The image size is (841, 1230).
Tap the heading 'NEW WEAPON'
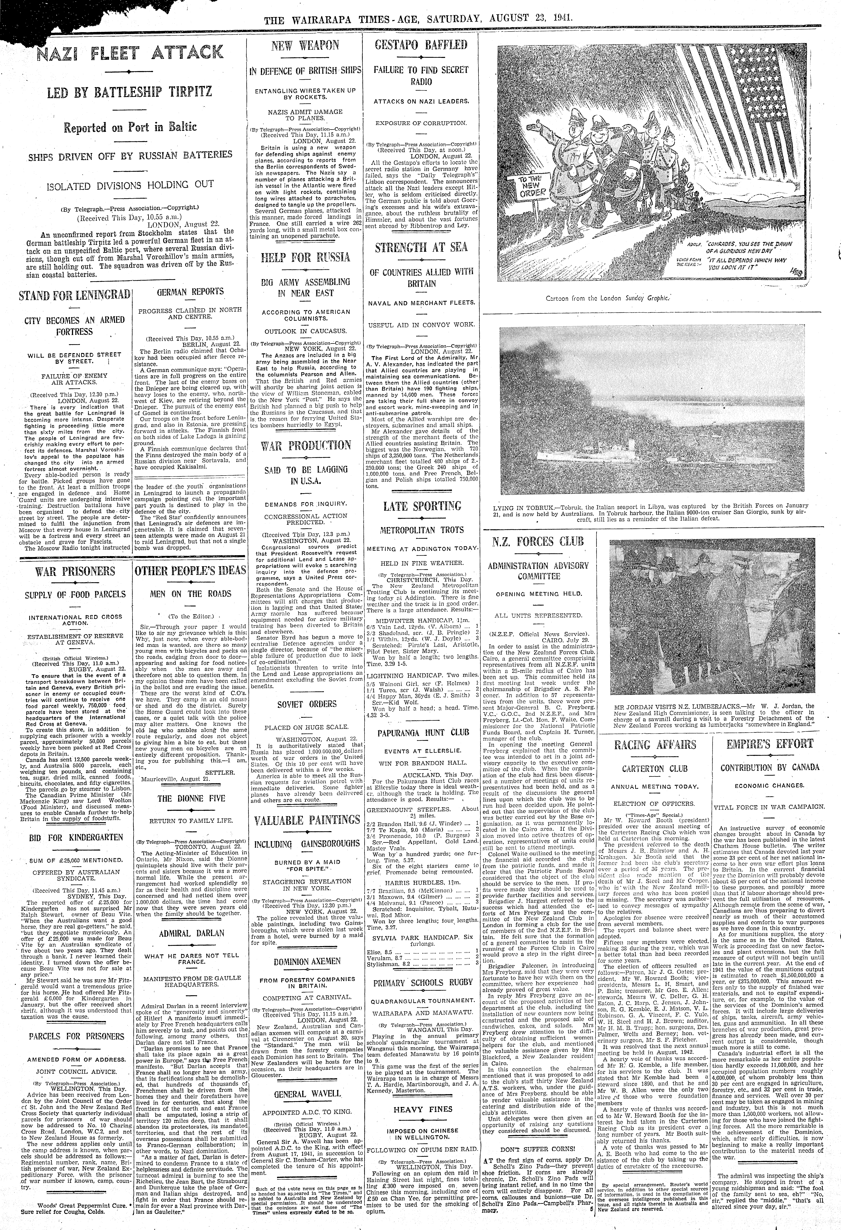(x=305, y=45)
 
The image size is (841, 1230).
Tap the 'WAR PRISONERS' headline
(x=75, y=572)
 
